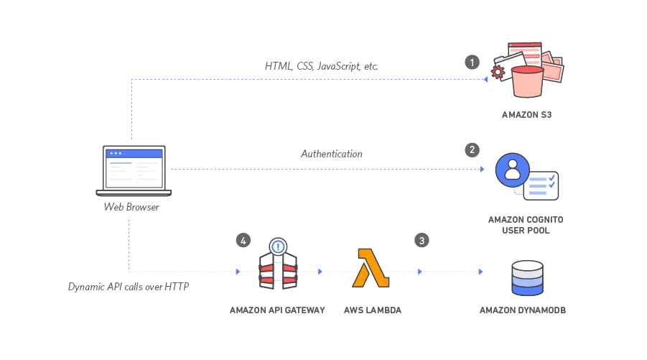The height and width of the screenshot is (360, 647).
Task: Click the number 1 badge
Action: pos(471,63)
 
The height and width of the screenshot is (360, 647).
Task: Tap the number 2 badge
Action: pos(471,149)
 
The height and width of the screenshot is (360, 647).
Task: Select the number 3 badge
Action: pos(422,241)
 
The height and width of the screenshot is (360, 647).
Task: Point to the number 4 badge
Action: pos(243,241)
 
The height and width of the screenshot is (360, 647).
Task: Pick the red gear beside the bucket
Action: pos(498,72)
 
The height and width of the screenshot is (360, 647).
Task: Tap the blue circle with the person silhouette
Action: pos(513,170)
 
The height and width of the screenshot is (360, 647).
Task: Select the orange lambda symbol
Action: pos(371,268)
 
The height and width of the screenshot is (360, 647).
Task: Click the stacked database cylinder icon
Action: pos(527,279)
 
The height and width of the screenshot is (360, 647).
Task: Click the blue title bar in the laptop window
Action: pos(134,153)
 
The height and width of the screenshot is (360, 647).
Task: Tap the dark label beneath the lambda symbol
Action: pos(371,310)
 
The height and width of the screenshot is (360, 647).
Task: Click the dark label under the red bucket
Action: pos(525,114)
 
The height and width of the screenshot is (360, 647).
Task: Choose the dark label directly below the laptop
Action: pos(131,206)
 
